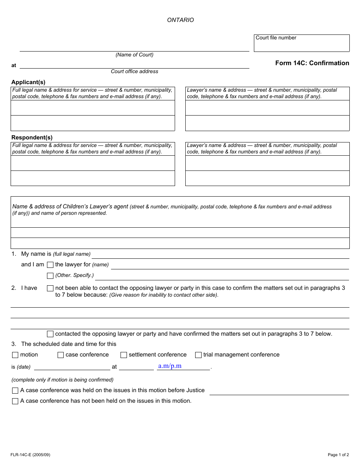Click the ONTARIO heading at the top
tap(180, 20)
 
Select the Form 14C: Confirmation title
tap(312, 63)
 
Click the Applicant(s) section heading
tap(28, 82)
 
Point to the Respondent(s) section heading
tap(32, 138)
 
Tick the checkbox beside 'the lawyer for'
tap(50, 265)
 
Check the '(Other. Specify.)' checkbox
tap(50, 276)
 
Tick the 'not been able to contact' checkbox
tap(50, 288)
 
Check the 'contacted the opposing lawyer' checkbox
tap(50, 334)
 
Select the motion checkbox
tap(15, 355)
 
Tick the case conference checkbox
tap(61, 355)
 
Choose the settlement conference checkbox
tap(124, 355)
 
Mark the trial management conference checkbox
tap(198, 355)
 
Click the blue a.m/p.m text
tap(170, 366)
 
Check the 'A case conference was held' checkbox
tap(15, 391)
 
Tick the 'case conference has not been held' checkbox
tap(15, 401)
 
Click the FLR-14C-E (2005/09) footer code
tap(31, 455)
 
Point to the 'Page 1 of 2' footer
tap(338, 455)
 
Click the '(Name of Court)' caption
tap(135, 55)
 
